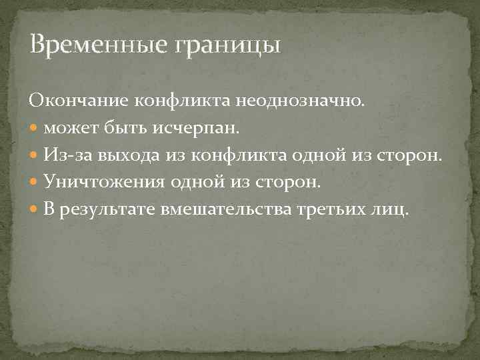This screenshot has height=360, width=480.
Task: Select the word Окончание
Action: point(79,101)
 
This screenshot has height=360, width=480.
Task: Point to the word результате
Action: point(107,210)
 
